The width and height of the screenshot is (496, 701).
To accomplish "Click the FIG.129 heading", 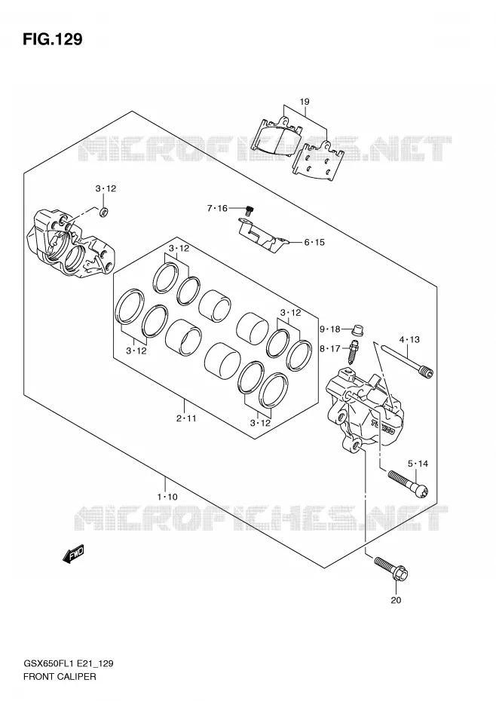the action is (x=53, y=39).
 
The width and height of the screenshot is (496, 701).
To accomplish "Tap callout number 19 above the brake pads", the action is (x=305, y=102).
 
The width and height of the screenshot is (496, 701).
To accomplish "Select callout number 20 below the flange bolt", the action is (x=396, y=600).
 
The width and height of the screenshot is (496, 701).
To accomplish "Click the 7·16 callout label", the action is (x=217, y=208).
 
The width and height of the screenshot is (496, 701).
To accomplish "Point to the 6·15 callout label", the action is (x=314, y=242).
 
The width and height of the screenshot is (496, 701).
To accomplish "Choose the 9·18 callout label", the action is (x=329, y=329).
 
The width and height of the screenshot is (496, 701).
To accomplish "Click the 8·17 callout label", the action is (x=329, y=349).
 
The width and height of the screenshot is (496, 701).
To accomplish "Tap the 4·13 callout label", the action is (x=409, y=340).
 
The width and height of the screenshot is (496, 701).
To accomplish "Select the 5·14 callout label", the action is (x=418, y=464).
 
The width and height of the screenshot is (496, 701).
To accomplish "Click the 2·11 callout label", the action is (x=186, y=419).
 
